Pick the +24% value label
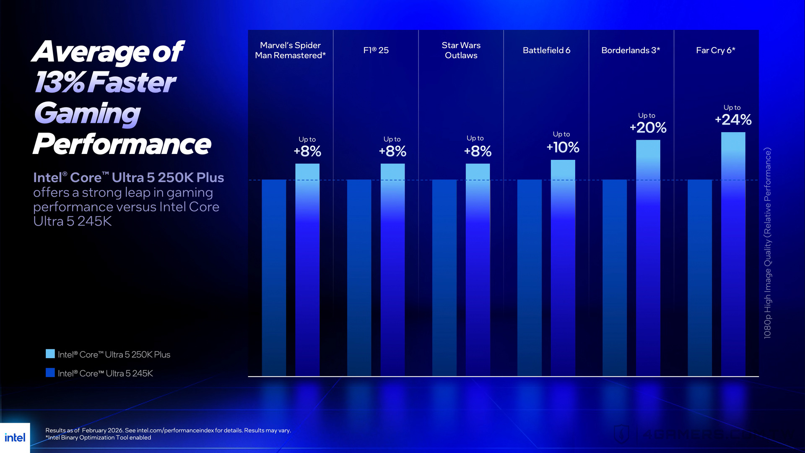733,120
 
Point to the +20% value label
648,128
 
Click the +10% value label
563,147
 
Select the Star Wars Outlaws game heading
461,50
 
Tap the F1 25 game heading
376,50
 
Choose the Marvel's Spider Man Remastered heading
290,50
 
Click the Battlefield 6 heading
546,50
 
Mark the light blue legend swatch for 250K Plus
50,354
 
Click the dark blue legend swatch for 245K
50,372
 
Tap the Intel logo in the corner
15,438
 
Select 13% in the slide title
60,82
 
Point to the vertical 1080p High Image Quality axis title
767,243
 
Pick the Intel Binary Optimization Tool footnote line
98,437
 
